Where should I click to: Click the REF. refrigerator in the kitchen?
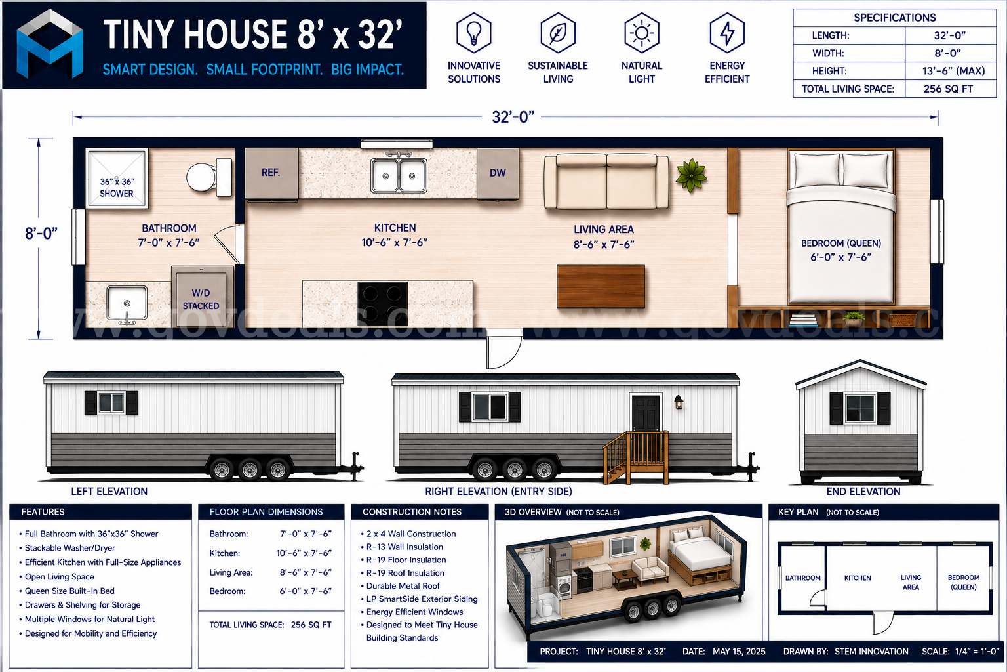[271, 173]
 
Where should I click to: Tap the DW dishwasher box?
[498, 173]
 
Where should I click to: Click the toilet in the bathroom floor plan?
[210, 177]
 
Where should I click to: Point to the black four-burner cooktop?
[383, 303]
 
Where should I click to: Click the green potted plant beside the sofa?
[692, 175]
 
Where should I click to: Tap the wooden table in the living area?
[601, 286]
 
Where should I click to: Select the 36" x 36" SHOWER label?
[117, 187]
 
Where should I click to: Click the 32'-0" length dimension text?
[513, 117]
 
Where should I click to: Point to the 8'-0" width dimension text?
[41, 233]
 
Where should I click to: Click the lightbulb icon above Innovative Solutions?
[474, 33]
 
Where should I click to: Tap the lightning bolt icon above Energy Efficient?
[727, 33]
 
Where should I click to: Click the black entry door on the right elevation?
[646, 413]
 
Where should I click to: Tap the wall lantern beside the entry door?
[679, 402]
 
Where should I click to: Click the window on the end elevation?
[860, 408]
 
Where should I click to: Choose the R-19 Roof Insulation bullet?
[405, 572]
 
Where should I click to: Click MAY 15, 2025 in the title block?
[739, 651]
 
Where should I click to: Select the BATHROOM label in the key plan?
[803, 578]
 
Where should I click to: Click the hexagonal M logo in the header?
[50, 44]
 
